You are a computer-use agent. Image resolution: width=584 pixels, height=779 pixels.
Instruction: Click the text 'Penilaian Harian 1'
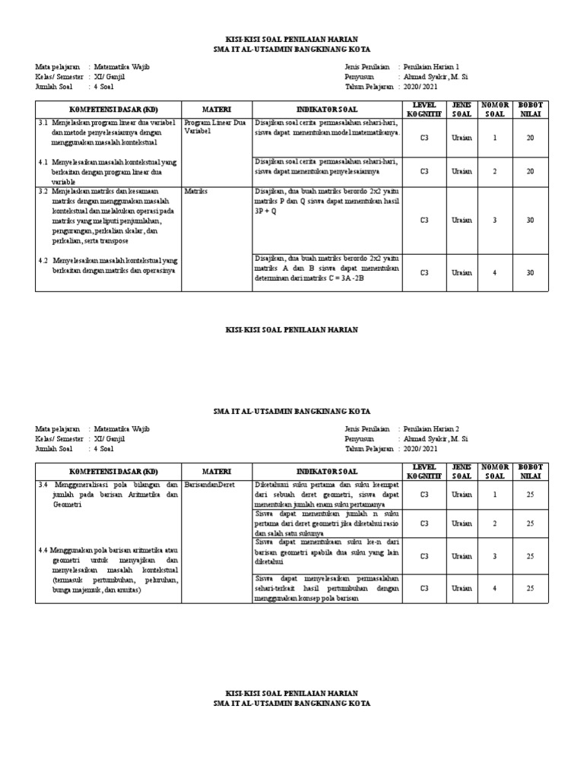pyautogui.click(x=431, y=67)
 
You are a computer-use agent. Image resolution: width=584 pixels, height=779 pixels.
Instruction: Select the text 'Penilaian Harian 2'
pyautogui.click(x=431, y=429)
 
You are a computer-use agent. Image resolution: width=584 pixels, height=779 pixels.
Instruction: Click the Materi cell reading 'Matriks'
pyautogui.click(x=195, y=192)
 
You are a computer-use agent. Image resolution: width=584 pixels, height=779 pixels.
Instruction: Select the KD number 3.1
pyautogui.click(x=42, y=122)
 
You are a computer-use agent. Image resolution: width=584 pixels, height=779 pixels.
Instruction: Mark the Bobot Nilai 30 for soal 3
pyautogui.click(x=530, y=220)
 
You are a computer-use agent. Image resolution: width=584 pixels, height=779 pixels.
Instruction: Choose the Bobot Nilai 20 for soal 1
pyautogui.click(x=530, y=138)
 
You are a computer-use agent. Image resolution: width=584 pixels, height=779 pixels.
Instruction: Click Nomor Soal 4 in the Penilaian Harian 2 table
pyautogui.click(x=494, y=588)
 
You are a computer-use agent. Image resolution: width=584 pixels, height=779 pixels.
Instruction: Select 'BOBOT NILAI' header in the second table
pyautogui.click(x=530, y=471)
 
